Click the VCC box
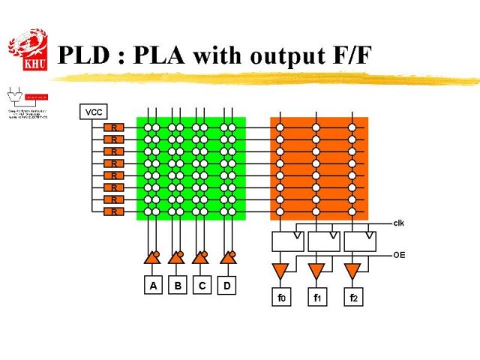coord(93,112)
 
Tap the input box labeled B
coord(177,286)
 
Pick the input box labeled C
coord(202,286)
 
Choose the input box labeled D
coord(226,286)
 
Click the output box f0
coord(280,297)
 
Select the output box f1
coord(317,297)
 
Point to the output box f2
coord(353,297)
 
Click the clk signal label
coord(399,223)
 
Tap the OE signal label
coord(399,255)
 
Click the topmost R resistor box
coord(114,127)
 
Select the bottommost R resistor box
coord(114,212)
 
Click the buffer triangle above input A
coord(151,258)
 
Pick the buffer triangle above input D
coord(226,258)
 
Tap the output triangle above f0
coord(280,269)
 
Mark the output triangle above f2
coord(352,269)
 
